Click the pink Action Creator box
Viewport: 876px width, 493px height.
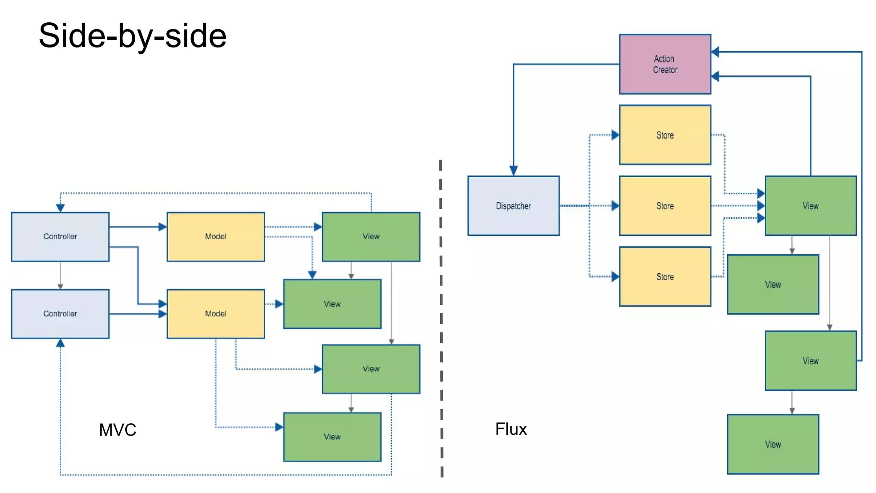point(665,64)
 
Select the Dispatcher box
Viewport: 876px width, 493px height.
point(513,206)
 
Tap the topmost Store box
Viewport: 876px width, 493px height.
point(665,135)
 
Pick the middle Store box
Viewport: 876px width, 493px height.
point(665,206)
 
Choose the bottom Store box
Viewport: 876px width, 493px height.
point(665,276)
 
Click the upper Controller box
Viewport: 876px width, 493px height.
point(60,237)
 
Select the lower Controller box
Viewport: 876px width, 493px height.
point(60,314)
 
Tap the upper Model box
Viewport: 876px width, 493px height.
point(216,237)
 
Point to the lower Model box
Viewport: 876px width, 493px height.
point(216,314)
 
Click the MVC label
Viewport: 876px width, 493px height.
point(118,430)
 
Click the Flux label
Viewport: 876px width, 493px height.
point(511,429)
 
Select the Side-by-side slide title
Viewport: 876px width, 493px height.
point(133,36)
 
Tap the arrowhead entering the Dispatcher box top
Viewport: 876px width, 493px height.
point(513,171)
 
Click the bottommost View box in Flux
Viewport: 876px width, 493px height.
point(773,444)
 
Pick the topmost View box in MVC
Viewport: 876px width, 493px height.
point(371,237)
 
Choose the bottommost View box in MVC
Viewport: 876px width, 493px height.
point(332,437)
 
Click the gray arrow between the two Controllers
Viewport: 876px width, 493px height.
point(60,275)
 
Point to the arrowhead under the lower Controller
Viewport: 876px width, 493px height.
point(60,343)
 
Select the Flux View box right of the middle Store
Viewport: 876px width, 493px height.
point(811,206)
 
